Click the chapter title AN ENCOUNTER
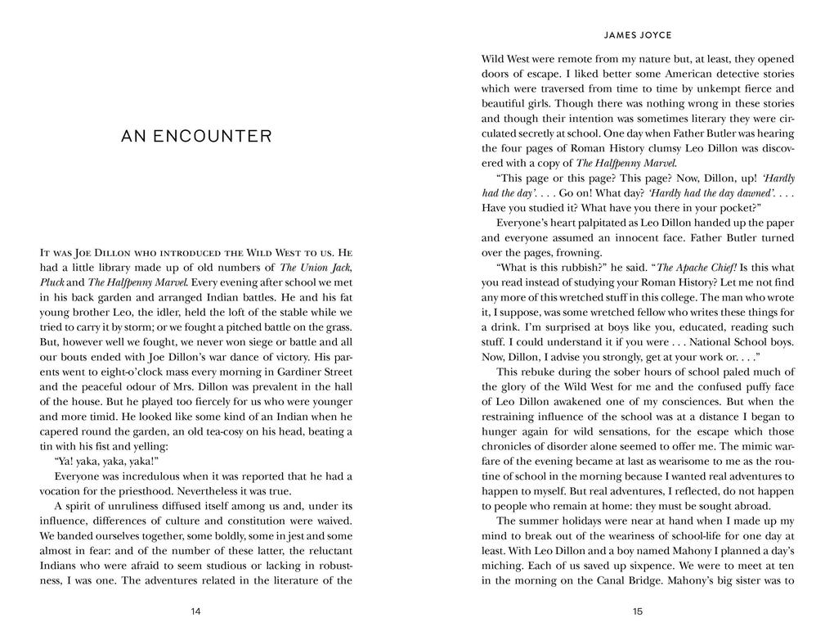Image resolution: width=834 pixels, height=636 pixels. (196, 137)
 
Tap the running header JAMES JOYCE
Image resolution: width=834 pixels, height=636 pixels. (638, 36)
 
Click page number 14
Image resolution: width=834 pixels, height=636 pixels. (195, 611)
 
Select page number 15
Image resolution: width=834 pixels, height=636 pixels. (638, 611)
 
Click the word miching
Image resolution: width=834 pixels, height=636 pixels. (503, 566)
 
